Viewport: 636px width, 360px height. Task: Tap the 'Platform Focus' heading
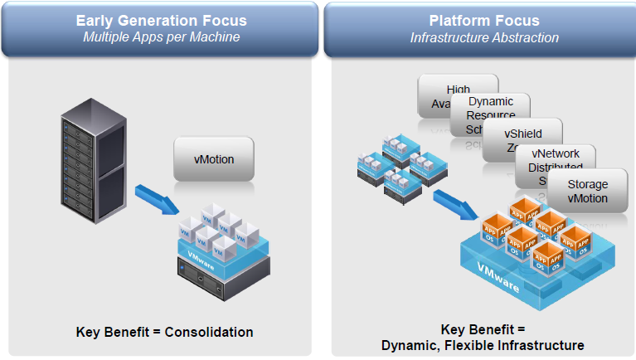point(484,20)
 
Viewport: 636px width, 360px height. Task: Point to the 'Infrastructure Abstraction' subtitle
point(484,38)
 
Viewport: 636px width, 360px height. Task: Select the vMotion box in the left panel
point(214,158)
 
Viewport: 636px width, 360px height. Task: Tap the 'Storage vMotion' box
point(587,192)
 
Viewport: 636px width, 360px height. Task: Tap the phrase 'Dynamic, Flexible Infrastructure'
point(483,345)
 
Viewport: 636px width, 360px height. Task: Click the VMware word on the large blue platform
point(498,278)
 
